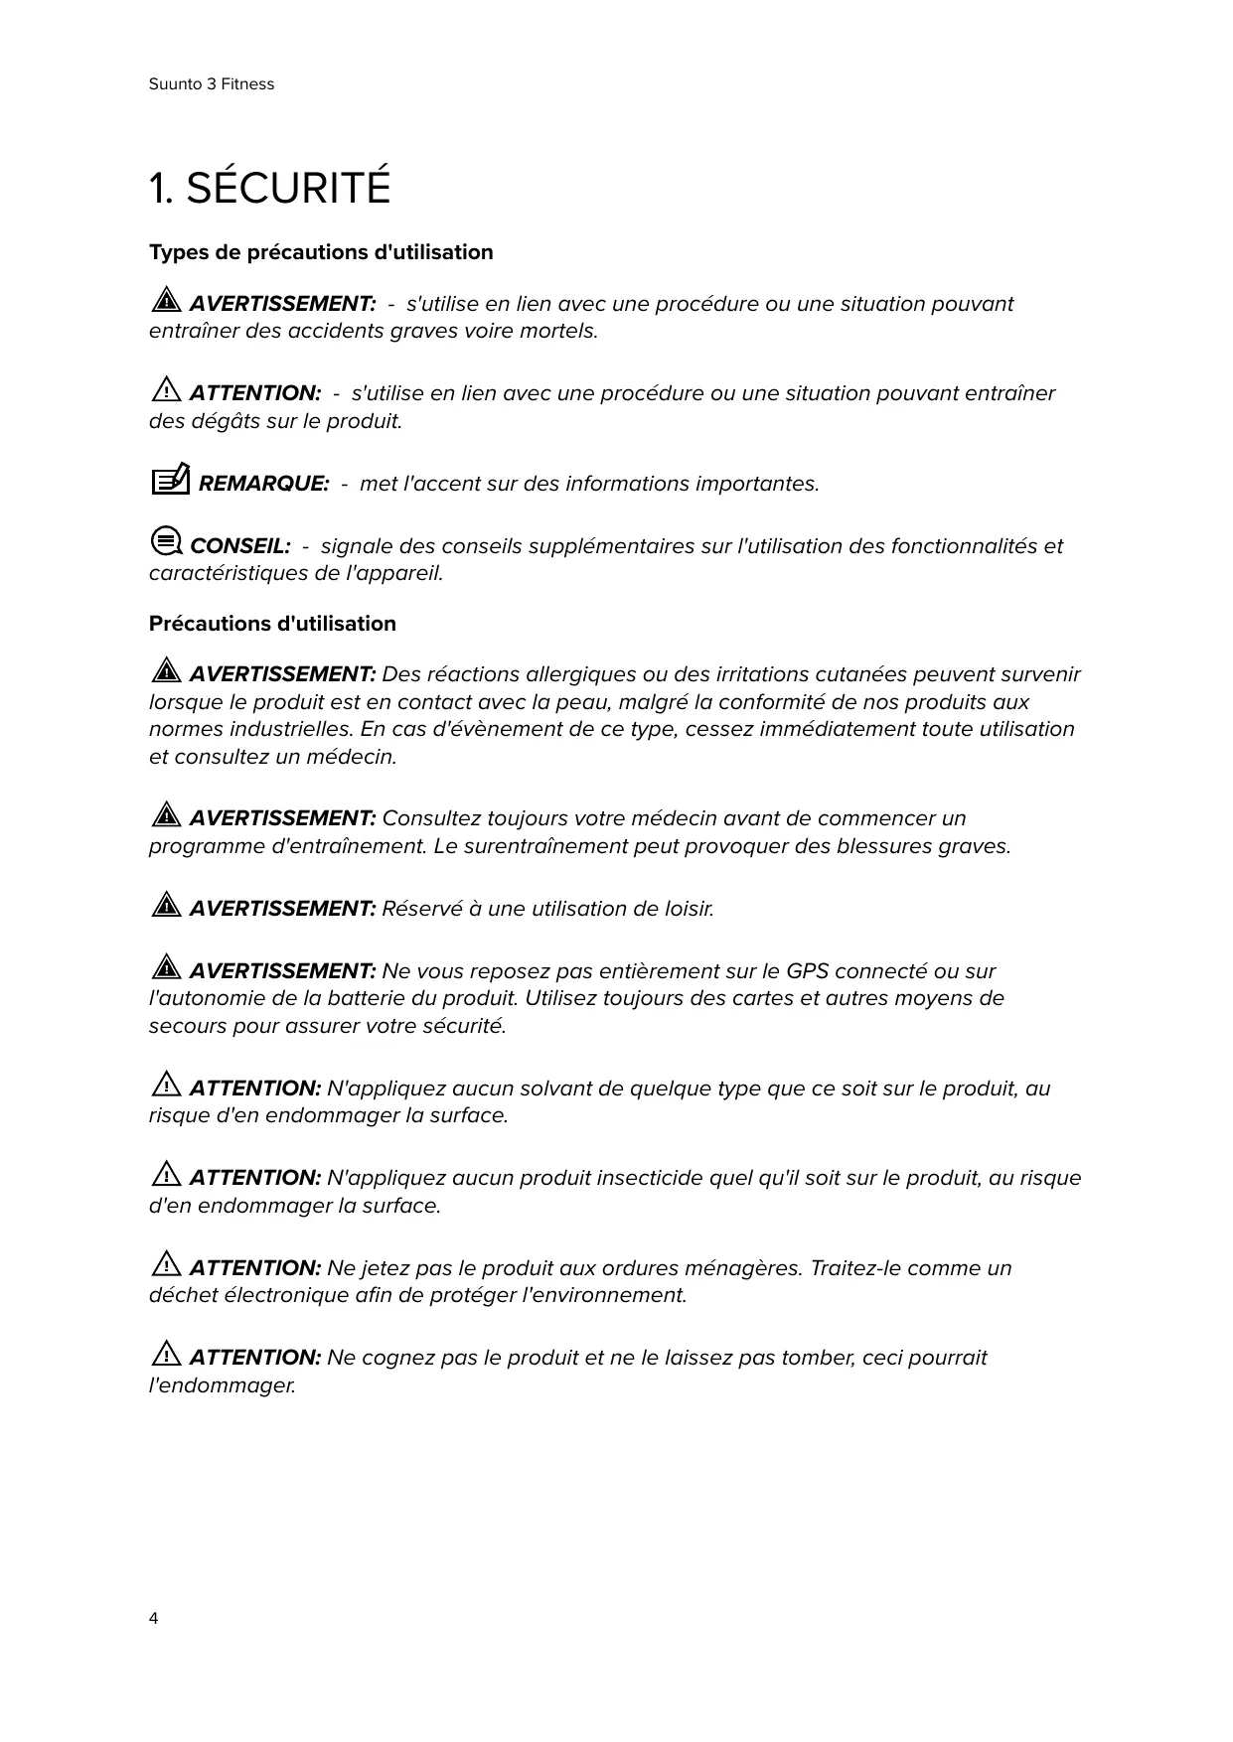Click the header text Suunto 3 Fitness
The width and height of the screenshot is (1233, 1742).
212,84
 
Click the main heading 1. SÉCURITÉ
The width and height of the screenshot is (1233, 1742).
269,188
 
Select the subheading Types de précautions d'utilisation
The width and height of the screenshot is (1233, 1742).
321,252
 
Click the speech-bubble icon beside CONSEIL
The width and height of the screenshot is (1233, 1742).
166,542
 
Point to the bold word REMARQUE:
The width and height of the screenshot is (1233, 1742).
263,484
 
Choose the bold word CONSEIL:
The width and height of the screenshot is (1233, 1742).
239,546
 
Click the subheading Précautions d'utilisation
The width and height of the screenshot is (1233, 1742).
272,624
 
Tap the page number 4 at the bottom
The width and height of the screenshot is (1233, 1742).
153,1619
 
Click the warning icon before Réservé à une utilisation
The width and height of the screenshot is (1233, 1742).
166,906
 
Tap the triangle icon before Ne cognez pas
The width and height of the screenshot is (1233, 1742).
166,1355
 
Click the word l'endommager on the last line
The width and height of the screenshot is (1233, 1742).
223,1385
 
